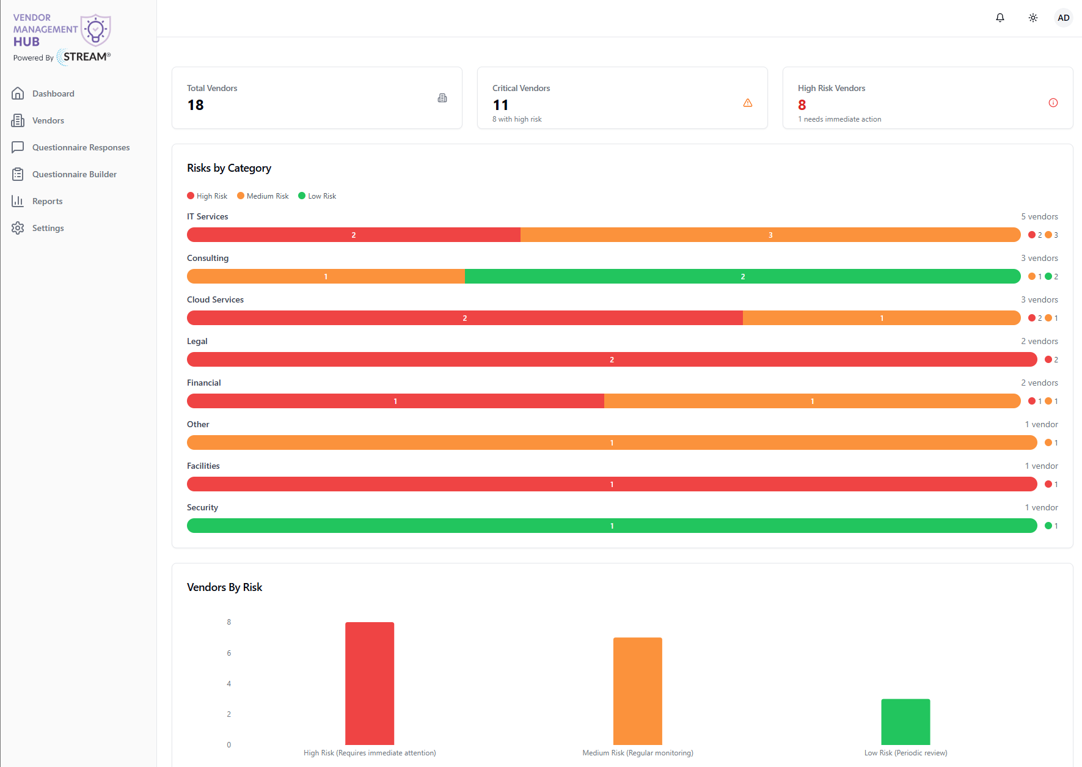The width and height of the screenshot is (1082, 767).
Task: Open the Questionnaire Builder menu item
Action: (x=75, y=174)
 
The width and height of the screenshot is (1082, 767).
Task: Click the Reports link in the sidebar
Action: (x=47, y=201)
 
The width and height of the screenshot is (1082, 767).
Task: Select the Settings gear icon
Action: (x=18, y=228)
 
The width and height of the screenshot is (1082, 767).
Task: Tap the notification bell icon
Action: (x=1000, y=18)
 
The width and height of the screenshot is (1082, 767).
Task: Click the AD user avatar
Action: (x=1064, y=18)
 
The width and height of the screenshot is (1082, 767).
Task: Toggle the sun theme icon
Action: (x=1033, y=18)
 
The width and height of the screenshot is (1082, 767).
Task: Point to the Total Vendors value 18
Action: (x=196, y=105)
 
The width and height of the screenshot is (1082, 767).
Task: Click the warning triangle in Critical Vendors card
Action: (x=748, y=103)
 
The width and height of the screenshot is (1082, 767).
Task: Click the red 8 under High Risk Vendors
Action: (x=802, y=105)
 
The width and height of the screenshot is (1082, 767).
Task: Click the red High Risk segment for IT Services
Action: (x=354, y=235)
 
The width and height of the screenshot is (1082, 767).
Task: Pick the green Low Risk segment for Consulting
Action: (x=743, y=276)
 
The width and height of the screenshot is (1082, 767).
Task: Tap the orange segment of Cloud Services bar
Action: (x=882, y=318)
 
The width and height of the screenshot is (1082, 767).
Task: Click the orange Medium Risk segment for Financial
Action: (x=813, y=401)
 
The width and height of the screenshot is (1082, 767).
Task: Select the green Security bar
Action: (x=612, y=526)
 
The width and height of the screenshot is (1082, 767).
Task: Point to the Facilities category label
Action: (x=203, y=466)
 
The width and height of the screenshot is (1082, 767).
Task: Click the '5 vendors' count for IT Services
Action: (x=1039, y=216)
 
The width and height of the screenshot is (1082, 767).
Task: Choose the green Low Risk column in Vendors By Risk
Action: (x=905, y=722)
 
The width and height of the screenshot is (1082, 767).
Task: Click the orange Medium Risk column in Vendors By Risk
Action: (x=638, y=691)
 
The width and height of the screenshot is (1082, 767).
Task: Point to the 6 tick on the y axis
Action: (x=229, y=653)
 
